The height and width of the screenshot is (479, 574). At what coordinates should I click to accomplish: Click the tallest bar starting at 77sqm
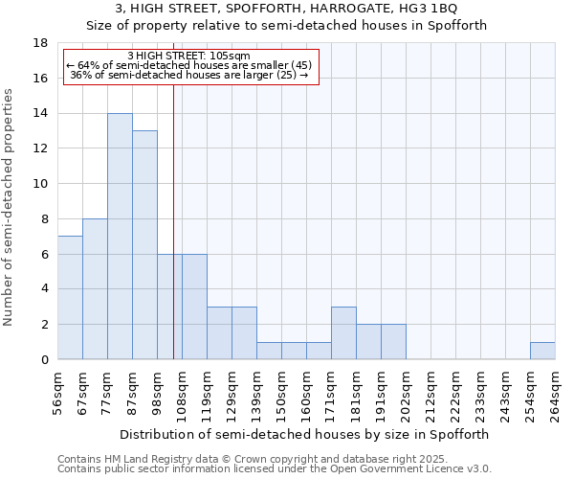pos(120,237)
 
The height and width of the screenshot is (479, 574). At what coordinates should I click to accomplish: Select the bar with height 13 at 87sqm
pos(144,245)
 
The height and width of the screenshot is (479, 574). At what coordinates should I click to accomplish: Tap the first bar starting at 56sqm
pos(70,298)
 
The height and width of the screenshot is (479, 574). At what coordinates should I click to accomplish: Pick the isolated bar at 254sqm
pos(542,351)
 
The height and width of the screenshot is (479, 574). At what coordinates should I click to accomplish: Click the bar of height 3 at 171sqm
pos(343,333)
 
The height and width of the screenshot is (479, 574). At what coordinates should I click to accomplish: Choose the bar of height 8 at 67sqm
pos(95,289)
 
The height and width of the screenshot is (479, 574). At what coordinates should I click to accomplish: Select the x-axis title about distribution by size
pos(306,434)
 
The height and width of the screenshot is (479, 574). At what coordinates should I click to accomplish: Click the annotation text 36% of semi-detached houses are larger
pos(188,75)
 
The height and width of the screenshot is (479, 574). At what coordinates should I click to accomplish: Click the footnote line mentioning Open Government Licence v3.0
pos(275,469)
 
